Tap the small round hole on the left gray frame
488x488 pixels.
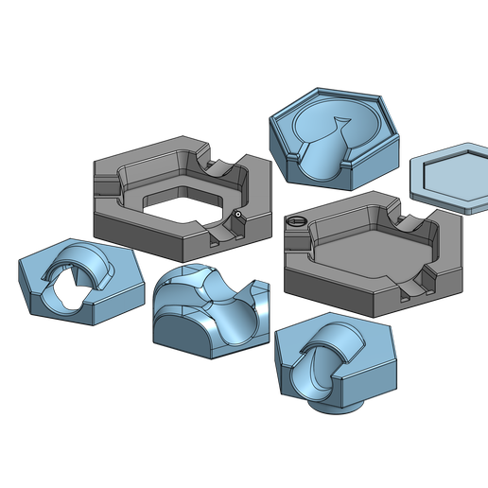coord(238,215)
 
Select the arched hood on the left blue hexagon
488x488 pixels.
coord(81,259)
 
